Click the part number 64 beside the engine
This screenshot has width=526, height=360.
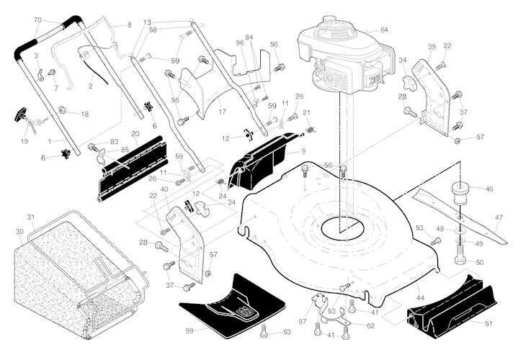[x=384, y=30]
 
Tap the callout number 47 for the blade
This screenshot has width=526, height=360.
[x=499, y=217]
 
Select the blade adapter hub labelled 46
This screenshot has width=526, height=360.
[x=461, y=192]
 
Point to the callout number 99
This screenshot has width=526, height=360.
[x=190, y=330]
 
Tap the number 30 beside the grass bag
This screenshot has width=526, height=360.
[x=19, y=232]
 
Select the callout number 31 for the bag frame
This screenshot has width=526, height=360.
[x=31, y=217]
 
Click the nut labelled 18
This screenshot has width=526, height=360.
[x=62, y=109]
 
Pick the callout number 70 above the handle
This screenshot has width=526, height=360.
[x=37, y=19]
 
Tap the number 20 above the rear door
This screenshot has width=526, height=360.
[x=135, y=134]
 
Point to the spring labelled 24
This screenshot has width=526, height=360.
[x=220, y=183]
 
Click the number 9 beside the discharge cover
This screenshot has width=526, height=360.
[x=303, y=151]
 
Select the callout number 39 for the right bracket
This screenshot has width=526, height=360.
[x=432, y=47]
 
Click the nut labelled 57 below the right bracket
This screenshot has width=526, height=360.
[x=458, y=140]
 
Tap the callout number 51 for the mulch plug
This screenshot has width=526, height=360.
[x=489, y=323]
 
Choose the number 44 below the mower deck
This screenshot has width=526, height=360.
[x=420, y=297]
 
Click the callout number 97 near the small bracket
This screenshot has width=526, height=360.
[x=303, y=321]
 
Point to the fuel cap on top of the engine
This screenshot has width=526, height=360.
[x=329, y=19]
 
